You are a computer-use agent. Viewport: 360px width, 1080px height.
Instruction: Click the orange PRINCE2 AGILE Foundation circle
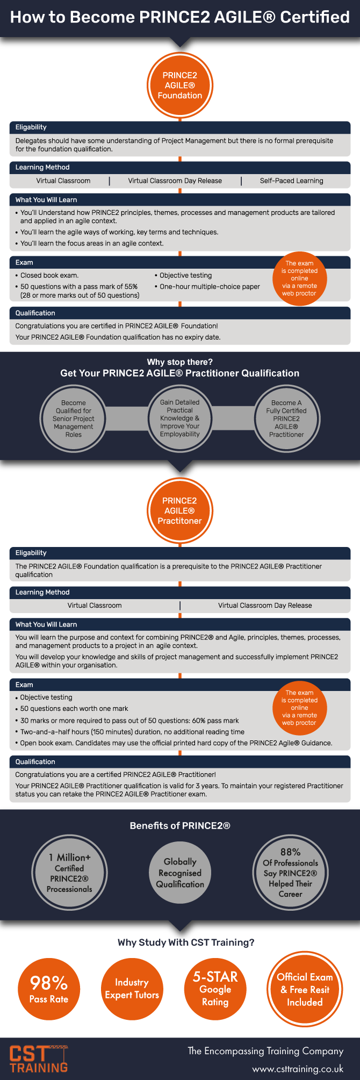coord(180,85)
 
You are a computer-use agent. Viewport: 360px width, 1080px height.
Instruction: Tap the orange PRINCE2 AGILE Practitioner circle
coord(180,510)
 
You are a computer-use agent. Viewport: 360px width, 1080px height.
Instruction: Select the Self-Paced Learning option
coord(292,181)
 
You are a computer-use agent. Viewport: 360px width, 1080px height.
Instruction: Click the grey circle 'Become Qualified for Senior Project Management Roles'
coord(74,419)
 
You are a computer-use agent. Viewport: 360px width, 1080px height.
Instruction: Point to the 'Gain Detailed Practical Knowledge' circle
coord(180,418)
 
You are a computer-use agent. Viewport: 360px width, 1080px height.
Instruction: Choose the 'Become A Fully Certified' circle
coord(286,419)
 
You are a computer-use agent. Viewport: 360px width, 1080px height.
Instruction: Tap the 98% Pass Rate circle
coord(49,989)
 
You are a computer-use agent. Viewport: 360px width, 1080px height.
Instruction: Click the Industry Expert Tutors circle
coord(132,989)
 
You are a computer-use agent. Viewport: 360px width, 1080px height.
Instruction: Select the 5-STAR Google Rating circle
coord(215,989)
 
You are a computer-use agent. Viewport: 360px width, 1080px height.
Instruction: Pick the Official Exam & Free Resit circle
coord(305,989)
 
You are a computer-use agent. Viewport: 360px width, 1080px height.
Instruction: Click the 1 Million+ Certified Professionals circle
coord(70,873)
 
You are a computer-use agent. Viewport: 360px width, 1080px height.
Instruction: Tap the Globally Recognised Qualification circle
coord(180,873)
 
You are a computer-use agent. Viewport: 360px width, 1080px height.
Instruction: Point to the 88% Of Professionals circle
coord(290,873)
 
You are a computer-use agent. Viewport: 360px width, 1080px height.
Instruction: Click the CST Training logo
coord(39,1059)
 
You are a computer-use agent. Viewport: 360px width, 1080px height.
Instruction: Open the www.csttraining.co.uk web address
coord(298,1069)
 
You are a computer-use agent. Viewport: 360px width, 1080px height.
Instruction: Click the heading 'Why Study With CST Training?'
coord(186,942)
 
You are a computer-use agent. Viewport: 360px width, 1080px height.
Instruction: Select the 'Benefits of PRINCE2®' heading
coord(180,826)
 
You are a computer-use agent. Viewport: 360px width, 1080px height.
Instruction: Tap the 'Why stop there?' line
coord(180,362)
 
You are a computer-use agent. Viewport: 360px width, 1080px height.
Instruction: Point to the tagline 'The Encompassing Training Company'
coord(265,1051)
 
